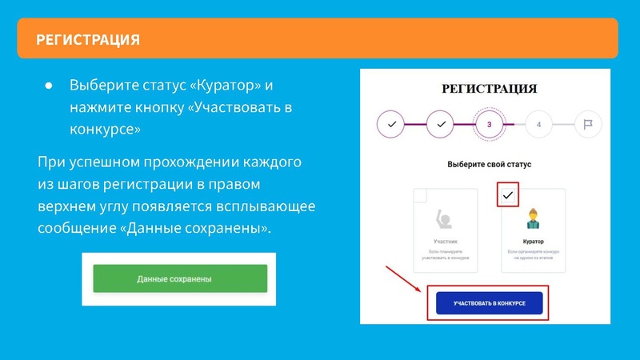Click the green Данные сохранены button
click(x=180, y=279)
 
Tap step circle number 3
click(x=489, y=125)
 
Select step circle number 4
click(x=538, y=125)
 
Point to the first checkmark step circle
click(x=391, y=125)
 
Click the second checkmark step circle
click(x=441, y=125)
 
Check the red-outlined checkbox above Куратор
click(x=508, y=194)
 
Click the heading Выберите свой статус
click(x=489, y=164)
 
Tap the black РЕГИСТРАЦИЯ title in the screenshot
click(x=489, y=89)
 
